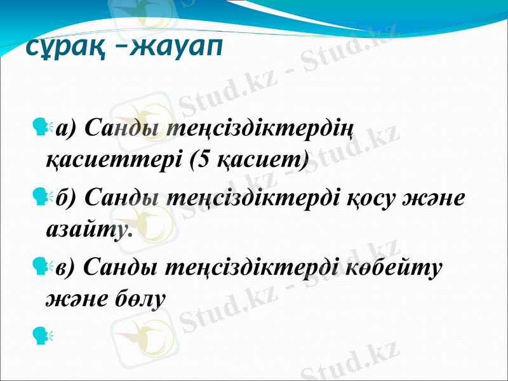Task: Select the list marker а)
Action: pos(67,131)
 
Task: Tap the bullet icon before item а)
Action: pos(44,129)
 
